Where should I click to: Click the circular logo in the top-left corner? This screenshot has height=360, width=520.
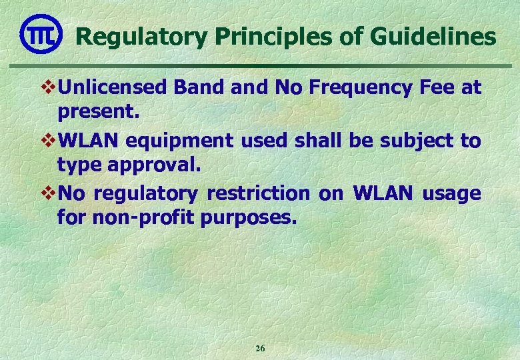41,34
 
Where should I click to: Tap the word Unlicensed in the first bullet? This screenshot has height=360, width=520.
113,87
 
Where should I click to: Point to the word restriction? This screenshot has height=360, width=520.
259,193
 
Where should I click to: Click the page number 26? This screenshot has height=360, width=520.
260,349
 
